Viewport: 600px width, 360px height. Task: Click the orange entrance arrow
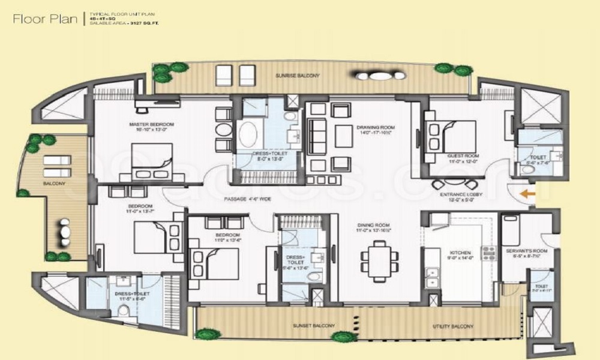tap(527, 194)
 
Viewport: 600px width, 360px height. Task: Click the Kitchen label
tap(460, 253)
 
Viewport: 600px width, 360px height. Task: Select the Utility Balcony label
tap(453, 326)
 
